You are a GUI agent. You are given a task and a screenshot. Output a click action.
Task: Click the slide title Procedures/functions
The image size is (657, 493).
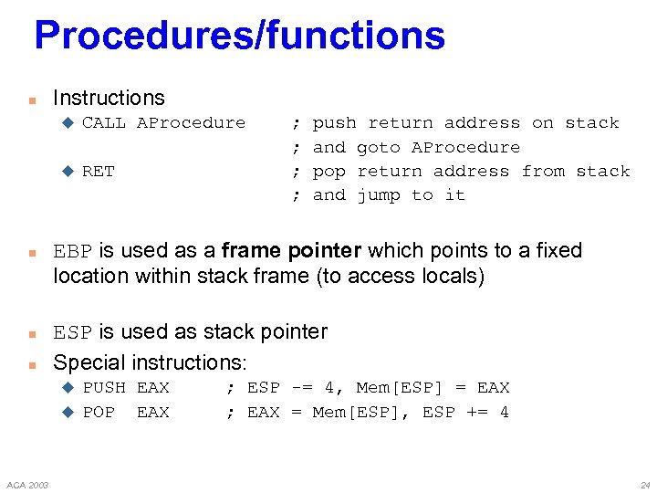pos(239,36)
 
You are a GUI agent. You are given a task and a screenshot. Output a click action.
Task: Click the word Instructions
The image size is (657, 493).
pos(109,98)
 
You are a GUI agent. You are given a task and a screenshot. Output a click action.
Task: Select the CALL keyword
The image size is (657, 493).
pos(104,122)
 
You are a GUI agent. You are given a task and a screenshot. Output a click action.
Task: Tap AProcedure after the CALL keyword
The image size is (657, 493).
pos(191,122)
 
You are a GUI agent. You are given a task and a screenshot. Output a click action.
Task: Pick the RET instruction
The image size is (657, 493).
pos(99,171)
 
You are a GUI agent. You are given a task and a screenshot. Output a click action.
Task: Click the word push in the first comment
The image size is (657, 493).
pos(334,122)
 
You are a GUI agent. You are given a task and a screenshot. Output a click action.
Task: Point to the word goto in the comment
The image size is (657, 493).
pos(378,147)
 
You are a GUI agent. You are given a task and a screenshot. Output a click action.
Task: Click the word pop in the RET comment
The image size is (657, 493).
pos(328,171)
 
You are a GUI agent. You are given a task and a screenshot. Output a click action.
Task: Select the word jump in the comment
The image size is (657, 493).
pos(378,194)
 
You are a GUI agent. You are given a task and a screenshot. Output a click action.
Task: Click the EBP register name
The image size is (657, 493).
pos(73,251)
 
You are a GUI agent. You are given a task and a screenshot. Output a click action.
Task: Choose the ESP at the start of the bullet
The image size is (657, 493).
pos(73,332)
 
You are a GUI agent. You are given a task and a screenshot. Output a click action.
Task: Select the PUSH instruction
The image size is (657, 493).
pos(104,388)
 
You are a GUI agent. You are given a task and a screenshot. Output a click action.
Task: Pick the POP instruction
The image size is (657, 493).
pos(99,412)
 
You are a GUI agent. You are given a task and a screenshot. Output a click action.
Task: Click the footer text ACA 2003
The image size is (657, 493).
pos(27,484)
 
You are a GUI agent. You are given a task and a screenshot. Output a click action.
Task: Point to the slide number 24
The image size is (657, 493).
pos(645,484)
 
